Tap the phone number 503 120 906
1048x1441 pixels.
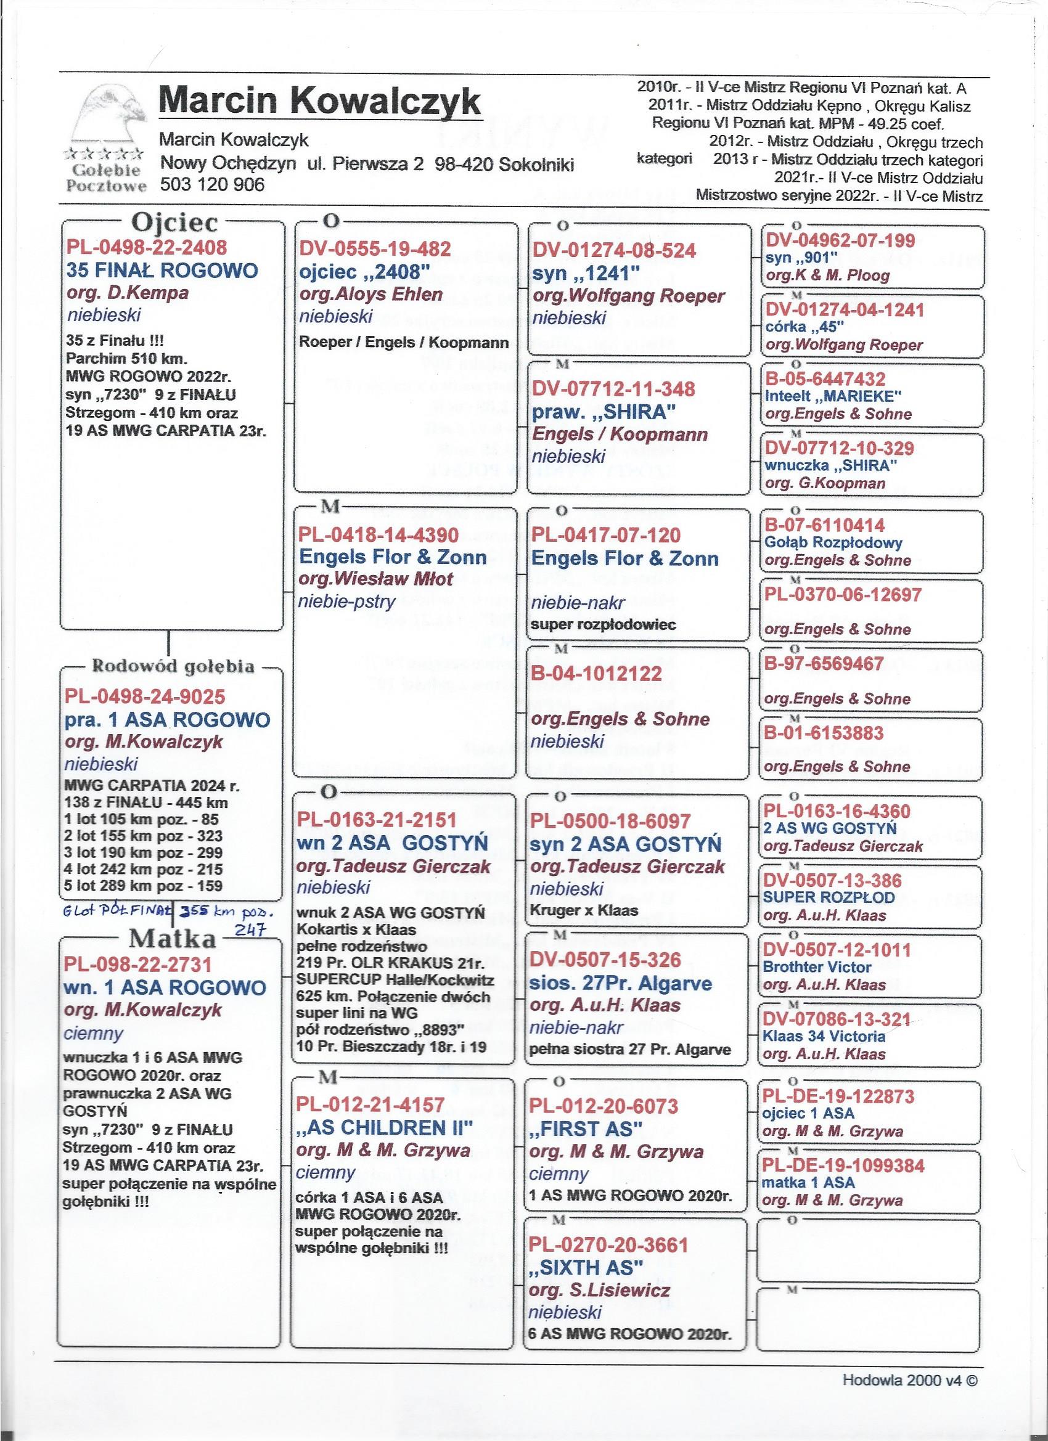tap(212, 185)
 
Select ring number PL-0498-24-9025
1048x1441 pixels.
tap(145, 696)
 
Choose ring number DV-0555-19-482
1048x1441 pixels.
tap(375, 249)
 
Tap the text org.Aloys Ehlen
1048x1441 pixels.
tap(371, 294)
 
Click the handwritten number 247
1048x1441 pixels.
tap(255, 929)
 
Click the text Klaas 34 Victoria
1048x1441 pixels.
tap(824, 1036)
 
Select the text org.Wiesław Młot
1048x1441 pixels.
tap(376, 579)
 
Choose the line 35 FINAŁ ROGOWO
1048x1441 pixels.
tap(162, 271)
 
